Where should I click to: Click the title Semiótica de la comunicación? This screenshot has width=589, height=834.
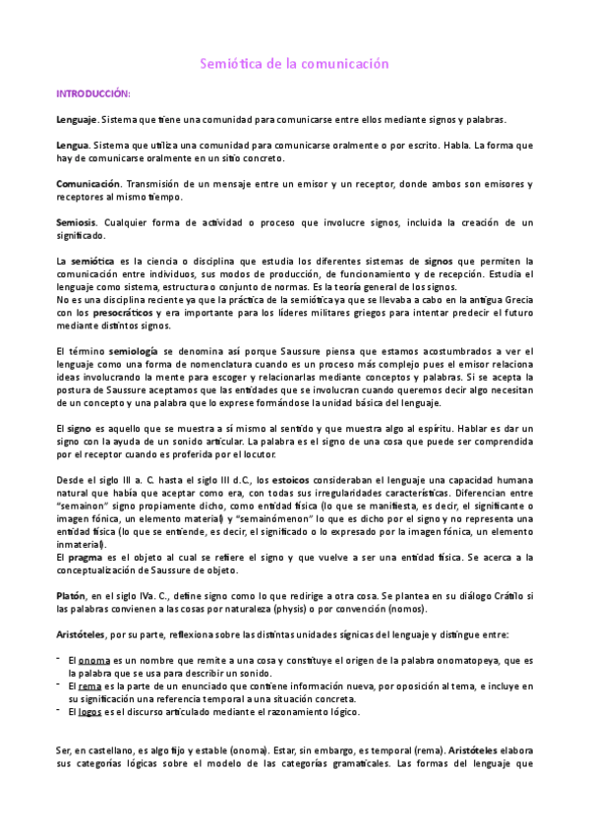pos(295,63)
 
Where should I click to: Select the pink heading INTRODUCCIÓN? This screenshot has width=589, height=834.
pos(92,93)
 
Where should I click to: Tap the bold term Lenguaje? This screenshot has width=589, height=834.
pos(77,119)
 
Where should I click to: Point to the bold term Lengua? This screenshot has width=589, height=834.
pos(73,145)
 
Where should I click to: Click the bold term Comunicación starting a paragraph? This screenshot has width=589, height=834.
pos(88,184)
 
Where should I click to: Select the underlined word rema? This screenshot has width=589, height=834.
pos(90,685)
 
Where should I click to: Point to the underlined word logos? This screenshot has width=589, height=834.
pos(92,711)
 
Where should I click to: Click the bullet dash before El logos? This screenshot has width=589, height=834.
pos(59,710)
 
